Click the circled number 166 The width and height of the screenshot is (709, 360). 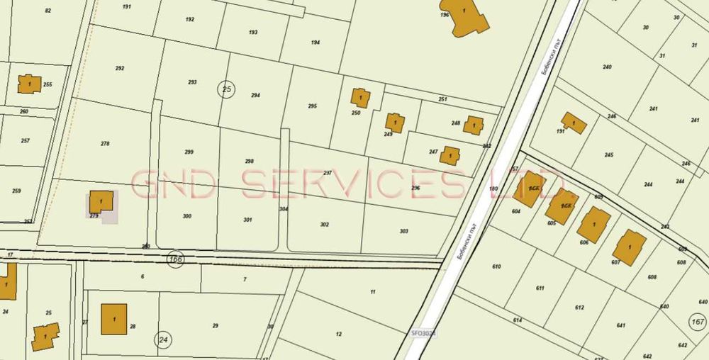point(176,259)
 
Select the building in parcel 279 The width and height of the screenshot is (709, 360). point(101,201)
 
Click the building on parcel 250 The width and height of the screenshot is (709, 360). point(359,97)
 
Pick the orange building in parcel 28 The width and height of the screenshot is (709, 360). point(113,319)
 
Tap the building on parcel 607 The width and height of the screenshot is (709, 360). point(629,248)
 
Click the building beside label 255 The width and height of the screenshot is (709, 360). point(29,84)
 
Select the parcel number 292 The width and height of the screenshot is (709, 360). point(120,69)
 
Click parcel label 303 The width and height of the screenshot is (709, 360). point(404,231)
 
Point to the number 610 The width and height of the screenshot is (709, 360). point(496,266)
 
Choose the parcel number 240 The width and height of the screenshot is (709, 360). point(607,67)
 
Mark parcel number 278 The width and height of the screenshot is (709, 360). point(105,144)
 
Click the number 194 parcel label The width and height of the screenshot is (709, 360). point(316,43)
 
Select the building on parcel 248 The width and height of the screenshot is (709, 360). point(474,125)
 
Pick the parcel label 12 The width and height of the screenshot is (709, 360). point(339,334)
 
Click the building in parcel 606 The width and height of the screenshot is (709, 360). point(593,225)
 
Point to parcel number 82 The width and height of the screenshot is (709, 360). point(48,11)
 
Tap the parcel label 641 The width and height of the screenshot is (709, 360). point(621,325)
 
